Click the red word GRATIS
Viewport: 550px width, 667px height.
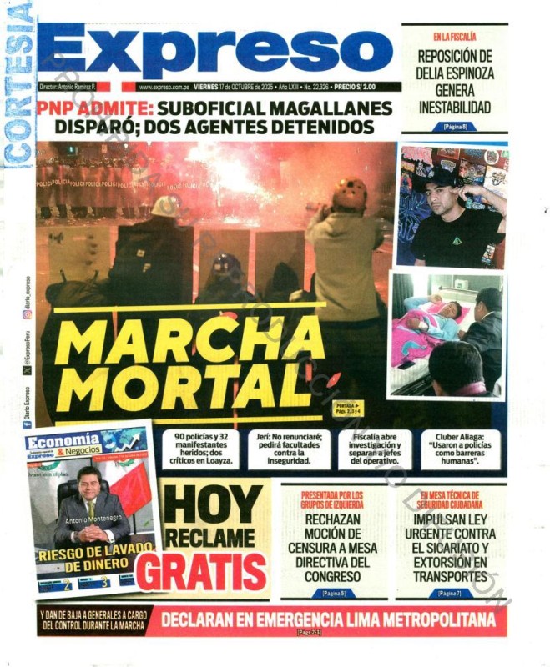[x=202, y=571]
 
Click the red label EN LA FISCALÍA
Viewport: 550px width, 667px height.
[x=455, y=37]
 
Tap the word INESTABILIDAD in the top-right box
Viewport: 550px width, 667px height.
[x=455, y=108]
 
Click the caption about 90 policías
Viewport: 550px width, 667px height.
[x=203, y=448]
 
